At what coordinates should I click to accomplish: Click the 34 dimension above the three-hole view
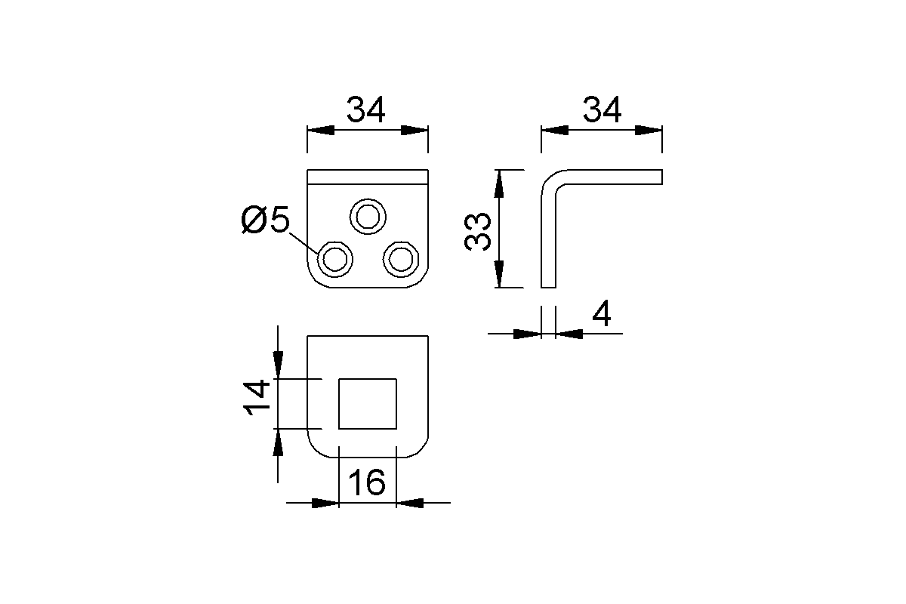366,110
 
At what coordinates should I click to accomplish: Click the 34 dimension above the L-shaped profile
602,110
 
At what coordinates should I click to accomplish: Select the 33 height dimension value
479,230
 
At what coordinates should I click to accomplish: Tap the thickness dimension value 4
601,315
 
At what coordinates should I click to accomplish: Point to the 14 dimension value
257,398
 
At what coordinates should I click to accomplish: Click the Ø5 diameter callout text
266,220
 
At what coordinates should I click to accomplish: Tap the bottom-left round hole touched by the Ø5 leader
335,260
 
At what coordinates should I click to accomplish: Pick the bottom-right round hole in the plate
401,260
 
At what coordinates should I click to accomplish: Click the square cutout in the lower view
368,403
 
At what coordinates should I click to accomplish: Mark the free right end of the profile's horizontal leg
661,177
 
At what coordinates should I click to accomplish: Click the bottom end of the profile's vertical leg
549,286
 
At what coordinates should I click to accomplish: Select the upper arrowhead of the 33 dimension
498,181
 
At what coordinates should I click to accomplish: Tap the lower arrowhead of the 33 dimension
498,276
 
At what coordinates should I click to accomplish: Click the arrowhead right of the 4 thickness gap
568,333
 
